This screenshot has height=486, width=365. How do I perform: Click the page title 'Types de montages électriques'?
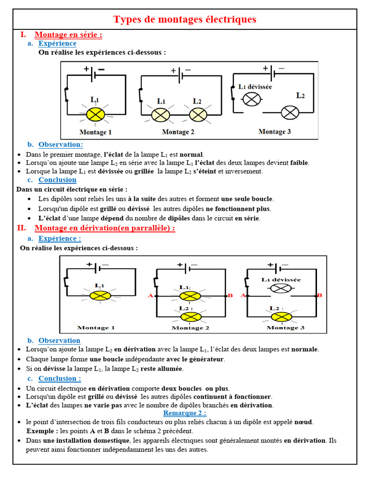coord(184,19)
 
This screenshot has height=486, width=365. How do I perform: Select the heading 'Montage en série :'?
coord(68,35)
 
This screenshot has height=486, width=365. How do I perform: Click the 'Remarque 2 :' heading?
coord(185,413)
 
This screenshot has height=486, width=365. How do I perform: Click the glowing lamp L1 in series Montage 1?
coord(97,114)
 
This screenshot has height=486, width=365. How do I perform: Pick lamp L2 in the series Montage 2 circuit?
coord(198,114)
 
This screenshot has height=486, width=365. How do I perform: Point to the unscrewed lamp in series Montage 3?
coord(252,99)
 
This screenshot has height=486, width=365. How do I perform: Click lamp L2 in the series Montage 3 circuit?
coord(289,112)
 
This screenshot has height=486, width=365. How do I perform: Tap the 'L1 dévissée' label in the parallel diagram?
coord(281,280)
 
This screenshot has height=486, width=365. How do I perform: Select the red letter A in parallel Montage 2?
coord(151,296)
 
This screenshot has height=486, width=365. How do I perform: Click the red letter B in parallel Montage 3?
coord(319,295)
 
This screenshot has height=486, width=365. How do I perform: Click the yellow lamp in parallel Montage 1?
coord(100,295)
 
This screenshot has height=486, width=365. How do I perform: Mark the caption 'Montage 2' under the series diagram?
coord(178,131)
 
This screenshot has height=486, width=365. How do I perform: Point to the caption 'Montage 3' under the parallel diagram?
coord(282,327)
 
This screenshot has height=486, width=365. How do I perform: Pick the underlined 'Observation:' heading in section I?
coord(61,144)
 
